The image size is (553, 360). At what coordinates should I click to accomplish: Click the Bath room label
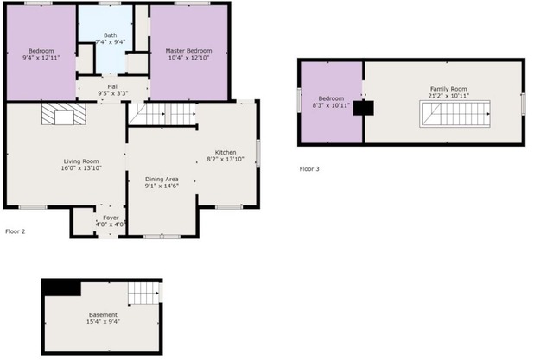coord(111,35)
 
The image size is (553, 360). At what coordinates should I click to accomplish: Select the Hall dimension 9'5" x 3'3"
coord(113,92)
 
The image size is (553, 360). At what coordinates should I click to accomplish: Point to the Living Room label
coord(80,161)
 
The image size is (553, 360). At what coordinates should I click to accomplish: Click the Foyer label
coord(111,217)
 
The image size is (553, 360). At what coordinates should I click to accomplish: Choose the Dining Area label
coord(162,179)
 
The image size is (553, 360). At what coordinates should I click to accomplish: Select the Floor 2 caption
coord(16,231)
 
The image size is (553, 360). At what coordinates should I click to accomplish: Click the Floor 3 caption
coord(308,169)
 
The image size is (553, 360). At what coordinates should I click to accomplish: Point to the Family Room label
coord(448,89)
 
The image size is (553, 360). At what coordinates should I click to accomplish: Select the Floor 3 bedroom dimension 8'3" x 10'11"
coord(332,106)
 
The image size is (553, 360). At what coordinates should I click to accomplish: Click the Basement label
coord(103,314)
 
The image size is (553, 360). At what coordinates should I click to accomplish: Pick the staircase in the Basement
coord(144,293)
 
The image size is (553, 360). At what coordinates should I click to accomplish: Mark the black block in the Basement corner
coord(61,287)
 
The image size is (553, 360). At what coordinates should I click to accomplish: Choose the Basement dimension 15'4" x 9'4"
coord(103,322)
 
